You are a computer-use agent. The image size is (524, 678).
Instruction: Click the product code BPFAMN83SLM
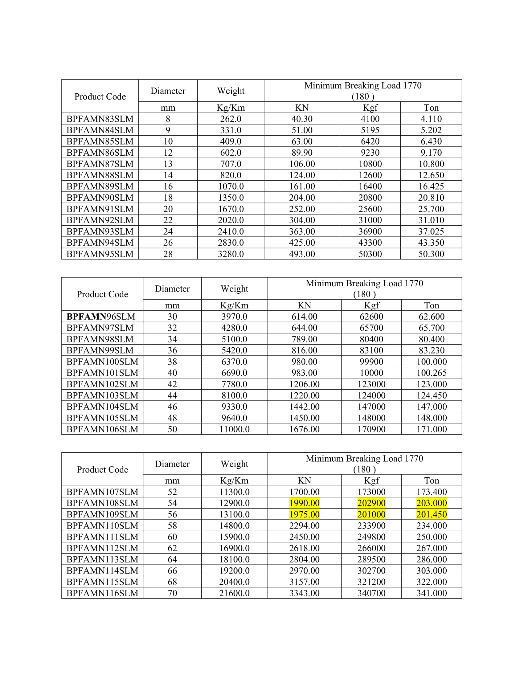100,119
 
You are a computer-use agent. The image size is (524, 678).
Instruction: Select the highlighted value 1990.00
304,503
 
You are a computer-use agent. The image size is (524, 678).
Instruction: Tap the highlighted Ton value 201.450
432,514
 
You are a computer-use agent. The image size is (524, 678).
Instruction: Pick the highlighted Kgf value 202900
371,503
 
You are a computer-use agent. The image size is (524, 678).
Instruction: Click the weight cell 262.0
231,119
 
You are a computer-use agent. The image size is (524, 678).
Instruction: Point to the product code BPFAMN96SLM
101,317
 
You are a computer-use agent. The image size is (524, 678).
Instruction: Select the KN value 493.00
302,254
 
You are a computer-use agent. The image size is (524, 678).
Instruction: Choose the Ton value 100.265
432,373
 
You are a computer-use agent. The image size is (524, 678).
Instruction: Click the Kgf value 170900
371,429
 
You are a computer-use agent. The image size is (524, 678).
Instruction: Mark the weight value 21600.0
234,593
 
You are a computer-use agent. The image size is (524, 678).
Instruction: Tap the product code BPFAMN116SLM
102,593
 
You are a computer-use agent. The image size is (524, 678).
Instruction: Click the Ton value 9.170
431,153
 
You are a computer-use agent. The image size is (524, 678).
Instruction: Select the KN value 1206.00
304,384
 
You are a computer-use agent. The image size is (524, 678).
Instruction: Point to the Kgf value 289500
371,559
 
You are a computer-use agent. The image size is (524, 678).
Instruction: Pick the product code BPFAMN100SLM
102,362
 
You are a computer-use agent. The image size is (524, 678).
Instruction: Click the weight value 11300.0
234,492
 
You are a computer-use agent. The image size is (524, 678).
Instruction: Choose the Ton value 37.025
431,231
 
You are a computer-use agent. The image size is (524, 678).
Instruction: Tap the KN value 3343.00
304,593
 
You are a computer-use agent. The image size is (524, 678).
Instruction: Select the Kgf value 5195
370,130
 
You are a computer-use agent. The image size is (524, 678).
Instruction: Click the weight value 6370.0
234,362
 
